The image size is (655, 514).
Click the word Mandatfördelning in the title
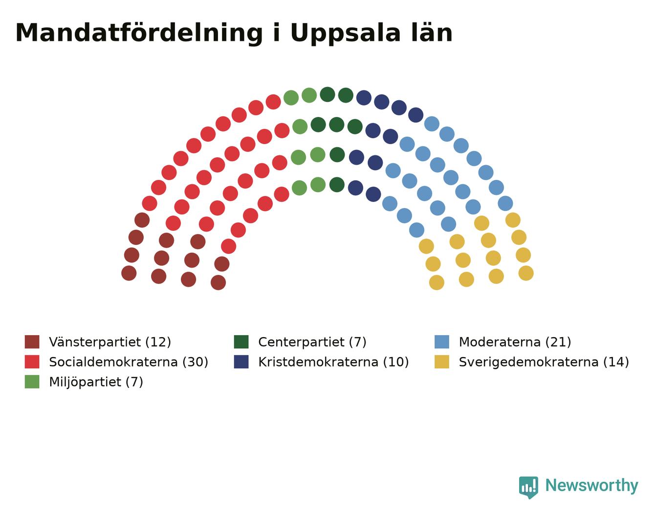[139, 33]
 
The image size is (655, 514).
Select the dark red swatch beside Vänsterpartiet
[32, 342]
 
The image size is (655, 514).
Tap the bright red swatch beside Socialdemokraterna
[32, 362]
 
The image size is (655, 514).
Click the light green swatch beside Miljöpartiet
[32, 382]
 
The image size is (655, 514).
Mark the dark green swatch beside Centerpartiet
[241, 342]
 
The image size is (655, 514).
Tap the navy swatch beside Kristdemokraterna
[241, 362]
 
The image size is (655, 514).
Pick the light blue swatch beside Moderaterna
[442, 342]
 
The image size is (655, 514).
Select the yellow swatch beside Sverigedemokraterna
[442, 362]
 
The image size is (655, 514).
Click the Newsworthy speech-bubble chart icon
[528, 487]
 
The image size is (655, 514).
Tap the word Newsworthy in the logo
[592, 486]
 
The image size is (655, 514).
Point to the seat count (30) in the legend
[196, 362]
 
